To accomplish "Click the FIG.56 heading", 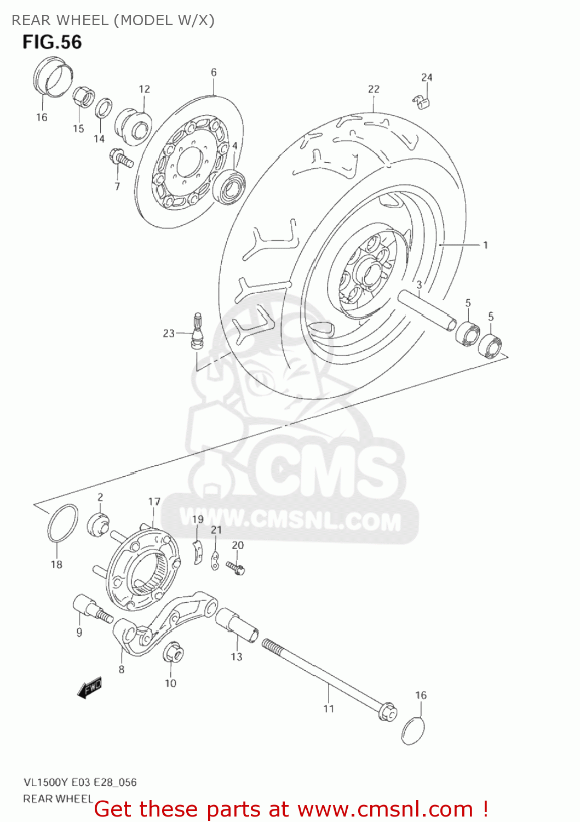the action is [x=52, y=42].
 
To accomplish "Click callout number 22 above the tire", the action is [x=374, y=89].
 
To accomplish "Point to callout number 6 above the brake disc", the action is [x=214, y=72].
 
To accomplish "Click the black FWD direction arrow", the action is [x=90, y=688].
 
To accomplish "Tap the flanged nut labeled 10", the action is [x=173, y=652].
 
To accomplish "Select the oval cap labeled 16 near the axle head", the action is [x=413, y=730].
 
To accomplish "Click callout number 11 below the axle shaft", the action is [x=328, y=709].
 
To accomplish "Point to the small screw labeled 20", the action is [x=236, y=568].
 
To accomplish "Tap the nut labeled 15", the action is [x=83, y=98].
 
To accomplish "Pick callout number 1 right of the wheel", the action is [x=485, y=245].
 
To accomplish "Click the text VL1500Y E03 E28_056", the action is [x=79, y=783].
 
